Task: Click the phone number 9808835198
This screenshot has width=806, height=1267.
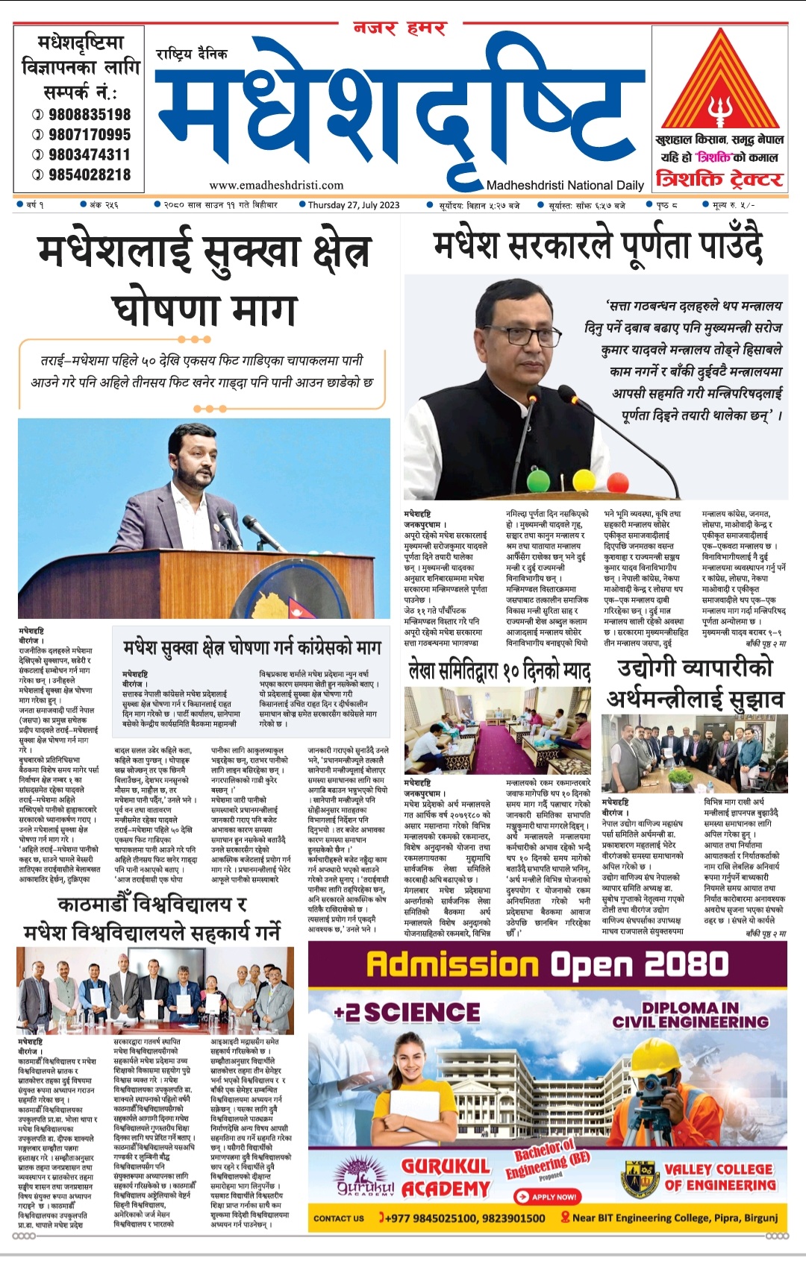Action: [x=90, y=115]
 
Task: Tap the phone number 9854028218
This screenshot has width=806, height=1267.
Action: [x=90, y=175]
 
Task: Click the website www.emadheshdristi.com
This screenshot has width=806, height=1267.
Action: [x=276, y=186]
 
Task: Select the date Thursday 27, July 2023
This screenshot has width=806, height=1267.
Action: [x=353, y=205]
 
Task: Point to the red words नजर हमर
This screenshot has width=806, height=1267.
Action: [x=400, y=29]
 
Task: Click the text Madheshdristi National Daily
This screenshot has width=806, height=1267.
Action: [x=565, y=186]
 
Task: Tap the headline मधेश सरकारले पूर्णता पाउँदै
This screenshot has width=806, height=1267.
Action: [x=598, y=247]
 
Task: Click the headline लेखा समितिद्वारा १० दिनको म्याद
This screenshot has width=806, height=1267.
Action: [x=499, y=670]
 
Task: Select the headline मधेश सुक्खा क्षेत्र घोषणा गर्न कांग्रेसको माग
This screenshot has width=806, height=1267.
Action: [x=252, y=648]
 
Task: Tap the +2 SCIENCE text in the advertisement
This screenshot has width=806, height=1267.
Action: [x=407, y=1012]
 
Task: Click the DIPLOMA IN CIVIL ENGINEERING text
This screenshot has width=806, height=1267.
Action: [x=690, y=1015]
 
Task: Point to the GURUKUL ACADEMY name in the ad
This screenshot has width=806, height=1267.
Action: [x=446, y=1178]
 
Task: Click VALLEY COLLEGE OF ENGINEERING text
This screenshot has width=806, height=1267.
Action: [x=719, y=1177]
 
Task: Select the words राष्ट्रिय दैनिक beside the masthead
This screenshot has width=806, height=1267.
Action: [x=192, y=54]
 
